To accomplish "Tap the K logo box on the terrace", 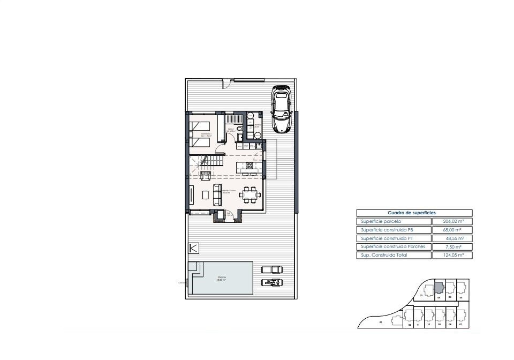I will click(x=194, y=248).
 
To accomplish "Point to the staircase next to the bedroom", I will click(x=211, y=161).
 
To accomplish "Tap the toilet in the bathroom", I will click(x=239, y=137).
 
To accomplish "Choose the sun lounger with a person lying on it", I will click(x=271, y=282).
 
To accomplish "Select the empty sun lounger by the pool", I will click(x=271, y=269).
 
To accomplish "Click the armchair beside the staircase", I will click(x=205, y=174).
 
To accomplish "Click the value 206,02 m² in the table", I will click(x=452, y=221).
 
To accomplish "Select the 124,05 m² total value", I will click(x=452, y=256).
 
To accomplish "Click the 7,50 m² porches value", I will click(x=452, y=247).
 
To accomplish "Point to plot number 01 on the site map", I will click(x=381, y=322).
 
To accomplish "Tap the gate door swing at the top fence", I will click(x=227, y=83).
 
